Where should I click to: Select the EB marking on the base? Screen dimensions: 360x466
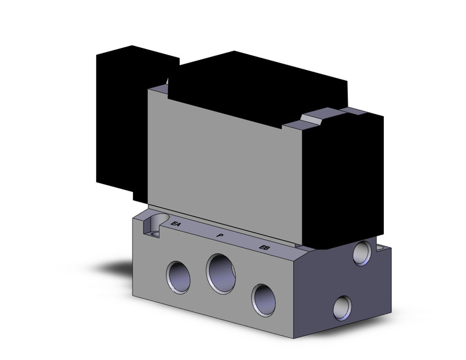tap(264, 247)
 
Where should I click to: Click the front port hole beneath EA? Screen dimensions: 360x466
tap(178, 277)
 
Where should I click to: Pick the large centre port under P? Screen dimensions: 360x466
tap(221, 273)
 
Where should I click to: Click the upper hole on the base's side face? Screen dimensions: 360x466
tap(362, 253)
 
